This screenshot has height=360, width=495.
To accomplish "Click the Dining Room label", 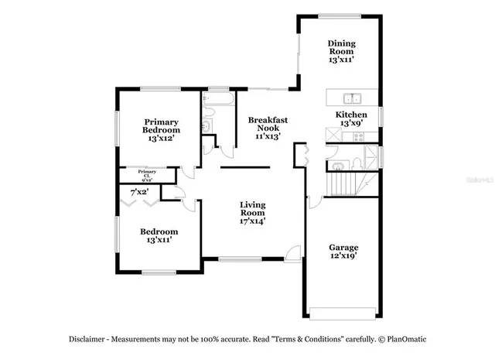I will (341, 51).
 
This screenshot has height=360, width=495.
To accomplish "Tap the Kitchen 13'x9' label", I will (350, 118).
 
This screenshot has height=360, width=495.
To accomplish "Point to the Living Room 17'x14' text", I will (252, 212).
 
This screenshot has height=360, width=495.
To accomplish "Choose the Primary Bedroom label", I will (161, 126).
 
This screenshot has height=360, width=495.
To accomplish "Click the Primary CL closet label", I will (147, 173).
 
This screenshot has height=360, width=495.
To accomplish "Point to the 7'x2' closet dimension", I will (139, 190).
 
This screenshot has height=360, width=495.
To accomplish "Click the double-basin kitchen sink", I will (353, 98).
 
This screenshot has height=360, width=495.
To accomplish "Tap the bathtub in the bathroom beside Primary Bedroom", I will (217, 98).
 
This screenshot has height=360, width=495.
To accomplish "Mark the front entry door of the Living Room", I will (292, 253).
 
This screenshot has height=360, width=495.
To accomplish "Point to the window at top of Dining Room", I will (340, 15).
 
